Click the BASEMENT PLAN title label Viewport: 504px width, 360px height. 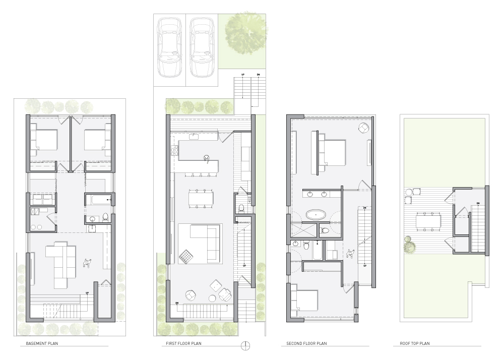tap(42, 343)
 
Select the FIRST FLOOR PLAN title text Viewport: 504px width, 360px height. tap(183, 343)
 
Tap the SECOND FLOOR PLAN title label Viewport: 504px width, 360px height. tap(306, 343)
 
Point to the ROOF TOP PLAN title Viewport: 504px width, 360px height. tap(415, 343)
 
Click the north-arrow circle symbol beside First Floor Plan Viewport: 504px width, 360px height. tap(245, 345)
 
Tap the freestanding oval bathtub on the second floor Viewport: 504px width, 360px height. tap(316, 215)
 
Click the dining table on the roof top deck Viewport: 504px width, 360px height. tap(428, 221)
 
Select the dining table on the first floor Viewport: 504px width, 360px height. tap(201, 197)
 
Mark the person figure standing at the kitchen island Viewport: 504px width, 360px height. tap(206, 158)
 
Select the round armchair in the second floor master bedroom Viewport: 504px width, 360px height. tap(363, 128)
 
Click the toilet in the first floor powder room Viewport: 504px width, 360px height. tap(242, 208)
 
